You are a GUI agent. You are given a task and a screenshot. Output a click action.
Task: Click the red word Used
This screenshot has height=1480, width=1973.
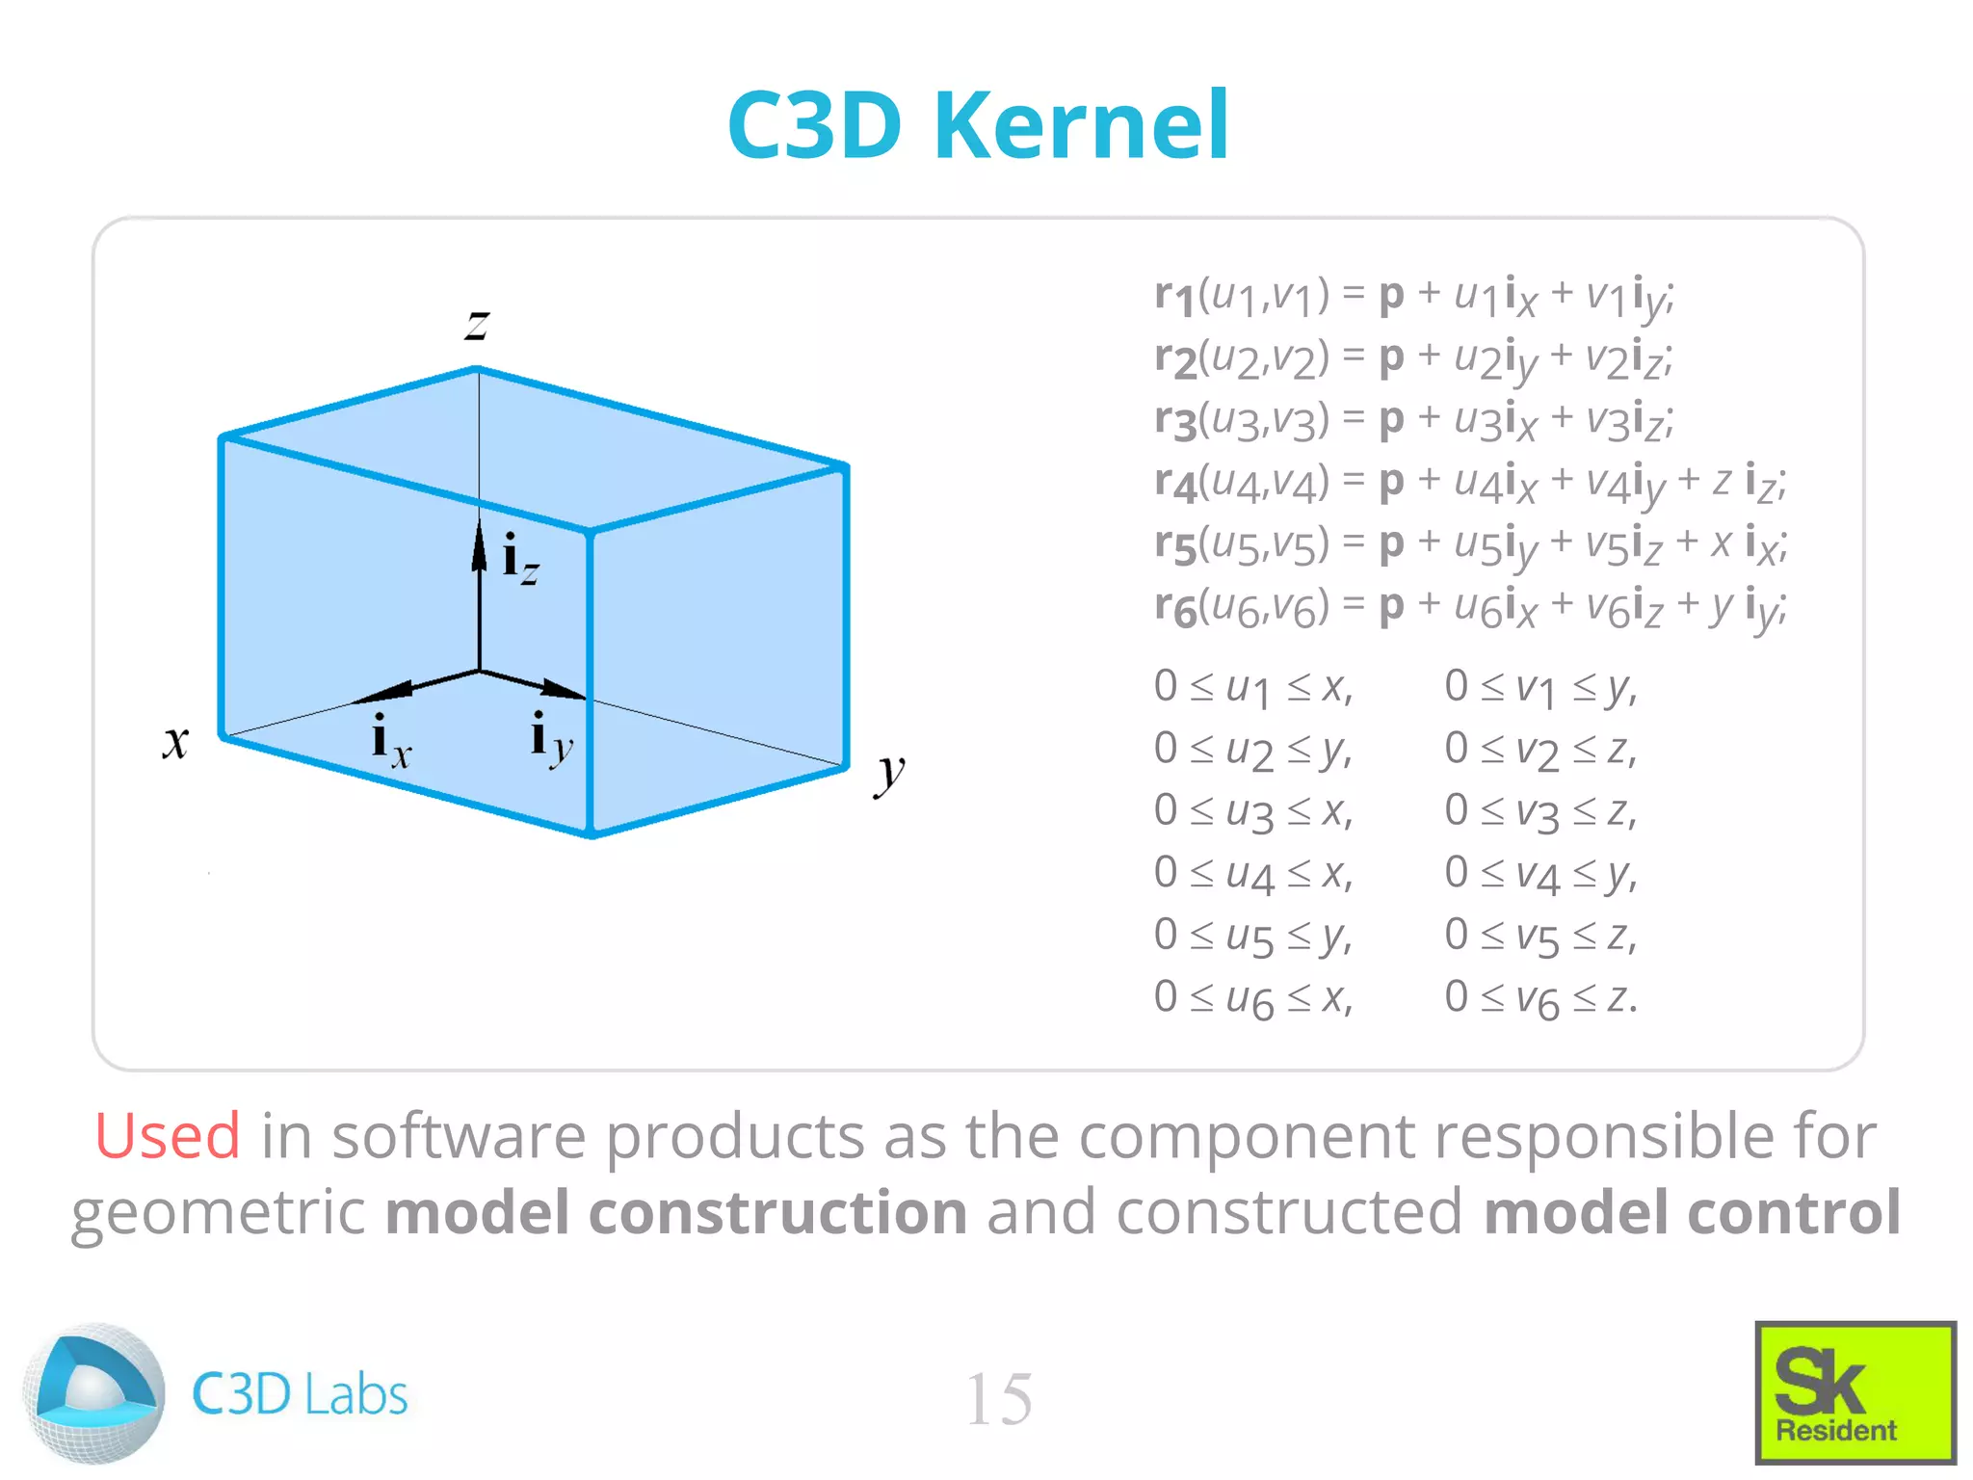tap(167, 1136)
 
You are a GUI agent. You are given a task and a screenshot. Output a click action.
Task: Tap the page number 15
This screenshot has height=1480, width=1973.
tap(998, 1399)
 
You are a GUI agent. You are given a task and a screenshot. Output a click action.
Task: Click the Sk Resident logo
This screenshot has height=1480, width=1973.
tap(1855, 1392)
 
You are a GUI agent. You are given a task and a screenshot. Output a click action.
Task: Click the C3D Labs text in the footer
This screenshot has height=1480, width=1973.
tap(300, 1394)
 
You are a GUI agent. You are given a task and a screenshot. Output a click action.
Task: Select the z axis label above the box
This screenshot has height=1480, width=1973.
tap(477, 324)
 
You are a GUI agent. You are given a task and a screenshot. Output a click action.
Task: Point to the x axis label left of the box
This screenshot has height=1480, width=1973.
tap(175, 742)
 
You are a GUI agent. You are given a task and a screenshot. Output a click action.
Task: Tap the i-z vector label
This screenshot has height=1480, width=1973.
tap(520, 560)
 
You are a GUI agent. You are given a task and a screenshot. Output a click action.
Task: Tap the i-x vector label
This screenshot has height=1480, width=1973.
tap(390, 741)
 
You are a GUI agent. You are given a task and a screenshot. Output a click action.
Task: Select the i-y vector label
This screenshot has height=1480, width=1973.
tap(551, 739)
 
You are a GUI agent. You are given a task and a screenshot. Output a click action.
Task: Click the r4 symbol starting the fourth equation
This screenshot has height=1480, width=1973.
tap(1174, 482)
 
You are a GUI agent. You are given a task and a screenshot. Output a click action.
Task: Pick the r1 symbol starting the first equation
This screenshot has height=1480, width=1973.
tap(1174, 295)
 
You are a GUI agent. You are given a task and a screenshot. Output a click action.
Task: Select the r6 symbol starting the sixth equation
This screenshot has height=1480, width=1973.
tap(1174, 607)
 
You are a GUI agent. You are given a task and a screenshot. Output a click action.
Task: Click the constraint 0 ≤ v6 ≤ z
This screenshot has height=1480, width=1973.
tap(1539, 998)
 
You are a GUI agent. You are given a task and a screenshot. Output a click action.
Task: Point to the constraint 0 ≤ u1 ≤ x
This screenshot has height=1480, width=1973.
tap(1252, 687)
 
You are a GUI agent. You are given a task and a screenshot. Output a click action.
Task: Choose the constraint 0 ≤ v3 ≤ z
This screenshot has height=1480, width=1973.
tap(1539, 811)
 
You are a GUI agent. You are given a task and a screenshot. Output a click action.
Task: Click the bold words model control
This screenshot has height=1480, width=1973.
tap(1692, 1212)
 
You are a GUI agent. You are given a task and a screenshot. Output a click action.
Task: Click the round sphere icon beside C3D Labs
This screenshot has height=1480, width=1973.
tap(93, 1393)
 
